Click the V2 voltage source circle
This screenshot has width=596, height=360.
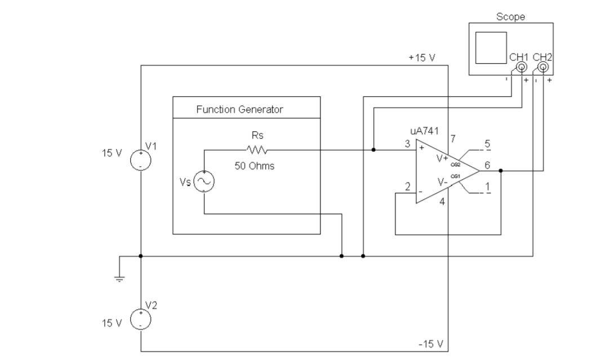pyautogui.click(x=140, y=319)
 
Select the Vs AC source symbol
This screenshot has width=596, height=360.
pyautogui.click(x=203, y=181)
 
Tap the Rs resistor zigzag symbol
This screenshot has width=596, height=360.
pyautogui.click(x=257, y=150)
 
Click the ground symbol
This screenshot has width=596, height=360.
pyautogui.click(x=119, y=276)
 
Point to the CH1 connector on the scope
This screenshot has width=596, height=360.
pyautogui.click(x=522, y=68)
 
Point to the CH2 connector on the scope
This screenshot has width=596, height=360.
pyautogui.click(x=542, y=68)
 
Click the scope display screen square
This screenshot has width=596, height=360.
pyautogui.click(x=491, y=48)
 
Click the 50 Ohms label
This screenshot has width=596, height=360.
pyautogui.click(x=255, y=166)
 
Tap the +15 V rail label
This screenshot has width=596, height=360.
pyautogui.click(x=422, y=59)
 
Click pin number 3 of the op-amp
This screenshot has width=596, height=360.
pyautogui.click(x=407, y=143)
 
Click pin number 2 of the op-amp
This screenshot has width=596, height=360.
pyautogui.click(x=407, y=186)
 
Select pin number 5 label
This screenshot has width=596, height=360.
pyautogui.click(x=487, y=143)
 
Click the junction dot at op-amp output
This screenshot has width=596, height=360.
pyautogui.click(x=501, y=170)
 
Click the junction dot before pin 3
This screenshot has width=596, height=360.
pyautogui.click(x=373, y=150)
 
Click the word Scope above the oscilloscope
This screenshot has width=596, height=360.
pyautogui.click(x=510, y=17)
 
